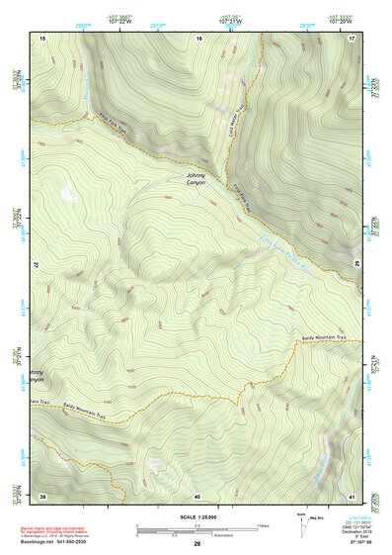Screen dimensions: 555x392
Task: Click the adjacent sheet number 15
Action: coord(43,37)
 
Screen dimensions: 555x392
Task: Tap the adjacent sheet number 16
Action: coord(198,37)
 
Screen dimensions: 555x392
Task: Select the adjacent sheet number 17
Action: coord(352,37)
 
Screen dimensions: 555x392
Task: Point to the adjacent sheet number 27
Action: coord(37,265)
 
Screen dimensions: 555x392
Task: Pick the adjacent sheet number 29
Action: coord(357,265)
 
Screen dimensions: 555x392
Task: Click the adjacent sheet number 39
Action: coord(42,495)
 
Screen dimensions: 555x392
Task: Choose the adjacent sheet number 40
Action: coord(197,495)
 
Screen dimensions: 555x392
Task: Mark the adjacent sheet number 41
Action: coord(352,495)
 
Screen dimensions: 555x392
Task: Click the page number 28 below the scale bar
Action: coord(197,544)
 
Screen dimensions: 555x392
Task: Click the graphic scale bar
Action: coord(196,527)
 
